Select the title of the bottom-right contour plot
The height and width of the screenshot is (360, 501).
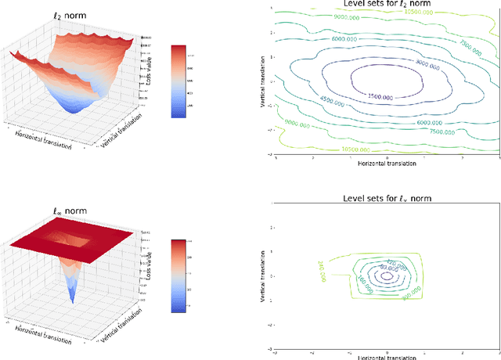(387, 199)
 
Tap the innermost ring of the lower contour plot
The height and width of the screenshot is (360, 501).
(386, 275)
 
